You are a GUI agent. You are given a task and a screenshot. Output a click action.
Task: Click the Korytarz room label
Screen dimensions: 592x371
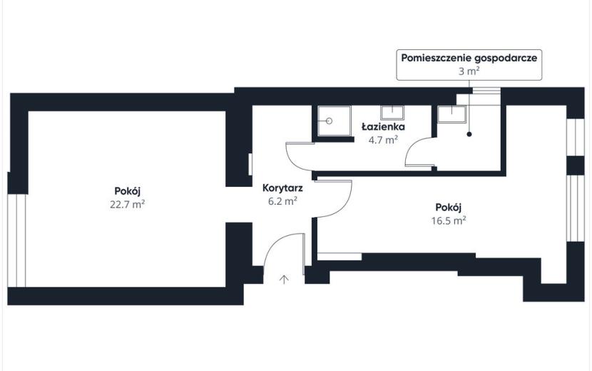tap(282, 188)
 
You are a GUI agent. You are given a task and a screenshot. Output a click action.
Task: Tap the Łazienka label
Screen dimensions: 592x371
tap(383, 126)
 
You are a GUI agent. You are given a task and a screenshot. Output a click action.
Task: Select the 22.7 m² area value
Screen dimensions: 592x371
tap(128, 204)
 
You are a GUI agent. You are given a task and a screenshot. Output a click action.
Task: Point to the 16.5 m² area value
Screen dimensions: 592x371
tap(449, 220)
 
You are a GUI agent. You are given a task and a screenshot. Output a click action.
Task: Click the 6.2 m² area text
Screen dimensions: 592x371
tap(282, 201)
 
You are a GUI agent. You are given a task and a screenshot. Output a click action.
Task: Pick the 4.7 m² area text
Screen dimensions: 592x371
tap(383, 140)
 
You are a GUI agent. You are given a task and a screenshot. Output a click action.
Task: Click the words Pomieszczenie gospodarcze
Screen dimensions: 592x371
tap(469, 59)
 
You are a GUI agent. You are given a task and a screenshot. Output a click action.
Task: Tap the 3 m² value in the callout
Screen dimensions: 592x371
tap(469, 71)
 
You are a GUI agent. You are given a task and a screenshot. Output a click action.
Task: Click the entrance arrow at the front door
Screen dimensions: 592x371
tap(284, 279)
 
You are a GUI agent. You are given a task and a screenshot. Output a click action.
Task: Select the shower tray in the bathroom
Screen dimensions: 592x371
tap(334, 121)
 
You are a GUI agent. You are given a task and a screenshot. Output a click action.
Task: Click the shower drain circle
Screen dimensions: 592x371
tap(329, 121)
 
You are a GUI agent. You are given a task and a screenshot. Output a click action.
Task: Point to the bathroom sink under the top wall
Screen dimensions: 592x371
tap(392, 112)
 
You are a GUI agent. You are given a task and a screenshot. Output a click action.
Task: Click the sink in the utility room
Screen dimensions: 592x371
tap(451, 113)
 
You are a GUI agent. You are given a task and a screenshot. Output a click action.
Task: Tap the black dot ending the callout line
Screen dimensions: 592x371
tap(469, 133)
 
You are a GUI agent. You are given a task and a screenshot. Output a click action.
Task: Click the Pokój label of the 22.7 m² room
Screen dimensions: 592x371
tap(128, 191)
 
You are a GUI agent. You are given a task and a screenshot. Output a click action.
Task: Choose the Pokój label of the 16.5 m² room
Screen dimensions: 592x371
tap(449, 208)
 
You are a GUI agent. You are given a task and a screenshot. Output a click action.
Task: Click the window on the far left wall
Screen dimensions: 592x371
tap(17, 240)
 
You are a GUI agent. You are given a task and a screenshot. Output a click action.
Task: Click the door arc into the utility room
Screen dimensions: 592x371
tap(412, 145)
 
